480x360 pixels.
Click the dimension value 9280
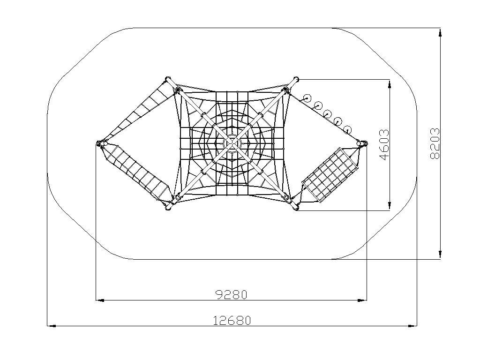pos(232,294)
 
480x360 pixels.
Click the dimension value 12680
pos(232,321)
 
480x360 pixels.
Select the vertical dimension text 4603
pos(384,145)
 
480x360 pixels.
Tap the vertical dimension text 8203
pos(435,143)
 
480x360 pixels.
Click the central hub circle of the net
pos(232,143)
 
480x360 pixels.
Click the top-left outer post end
pos(167,79)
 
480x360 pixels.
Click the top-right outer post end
pos(296,79)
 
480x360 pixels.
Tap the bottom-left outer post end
pos(168,207)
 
